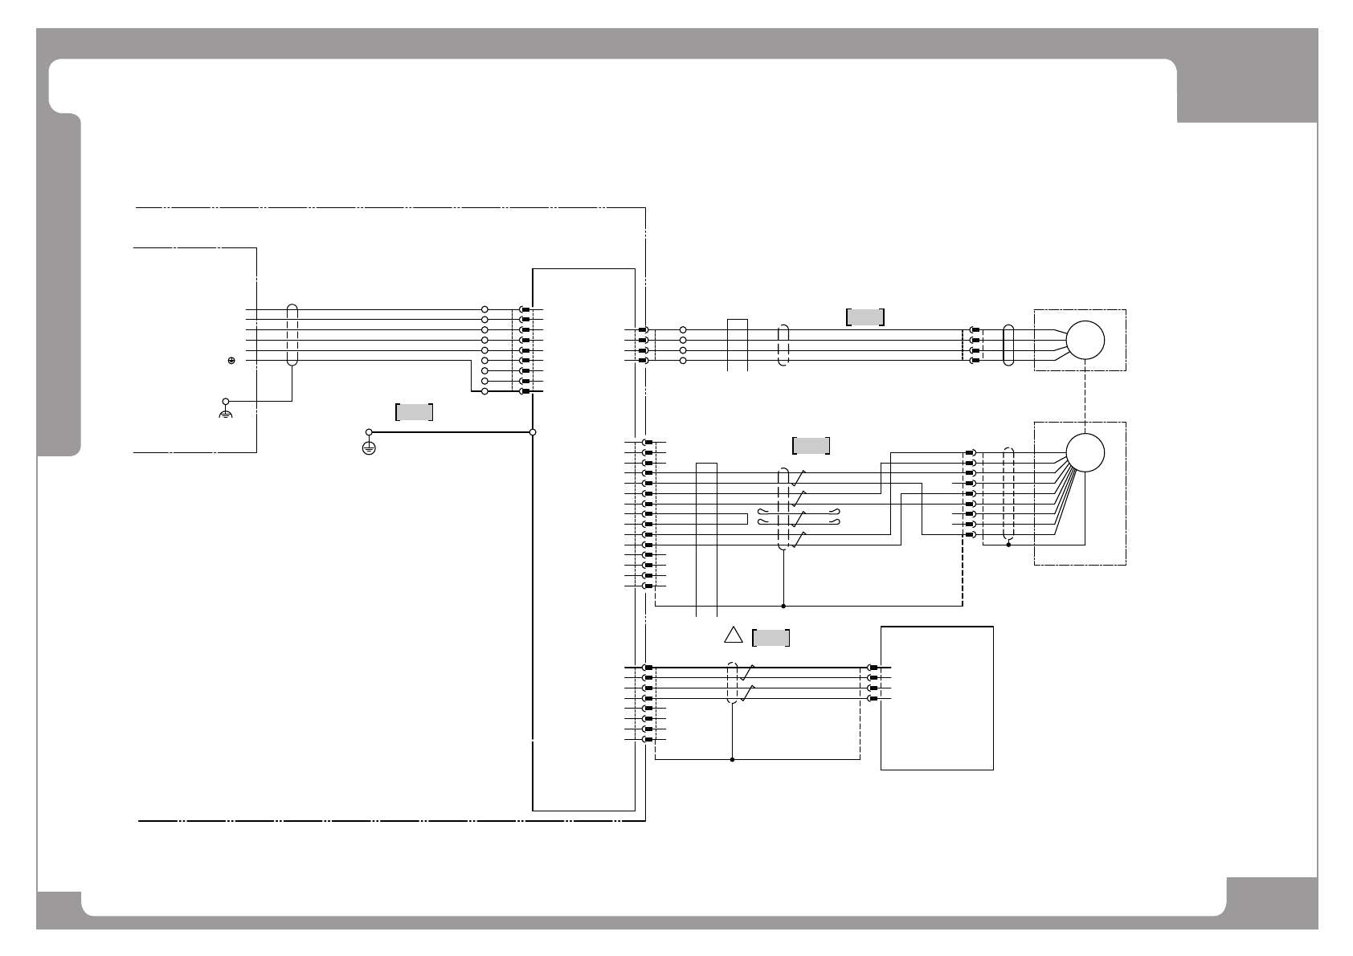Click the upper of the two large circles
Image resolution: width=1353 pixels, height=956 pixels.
(x=1085, y=340)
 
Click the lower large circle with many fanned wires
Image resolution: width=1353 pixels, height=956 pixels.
(x=1085, y=452)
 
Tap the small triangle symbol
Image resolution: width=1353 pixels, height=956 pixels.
(x=733, y=635)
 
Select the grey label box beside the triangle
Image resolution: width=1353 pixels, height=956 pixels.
(x=771, y=638)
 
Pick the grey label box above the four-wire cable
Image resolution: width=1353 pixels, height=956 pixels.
(x=865, y=317)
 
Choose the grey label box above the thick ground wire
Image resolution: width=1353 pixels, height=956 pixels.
(x=415, y=412)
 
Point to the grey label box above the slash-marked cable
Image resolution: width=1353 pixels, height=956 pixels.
(x=811, y=446)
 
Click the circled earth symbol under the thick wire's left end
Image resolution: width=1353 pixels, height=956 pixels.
(x=369, y=448)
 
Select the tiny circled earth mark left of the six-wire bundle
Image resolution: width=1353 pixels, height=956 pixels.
(x=231, y=361)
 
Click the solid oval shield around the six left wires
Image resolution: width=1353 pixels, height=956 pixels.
(x=292, y=336)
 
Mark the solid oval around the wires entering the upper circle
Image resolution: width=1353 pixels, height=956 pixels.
(x=1009, y=345)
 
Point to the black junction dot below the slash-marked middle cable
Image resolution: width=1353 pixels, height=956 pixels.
(x=783, y=606)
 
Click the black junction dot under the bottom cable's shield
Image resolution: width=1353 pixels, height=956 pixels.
(x=732, y=759)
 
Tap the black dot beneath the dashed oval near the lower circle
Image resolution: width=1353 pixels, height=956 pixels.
(x=1008, y=545)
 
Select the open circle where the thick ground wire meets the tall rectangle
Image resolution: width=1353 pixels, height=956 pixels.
(x=533, y=432)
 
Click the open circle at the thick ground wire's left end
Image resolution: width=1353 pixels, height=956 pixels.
(x=370, y=432)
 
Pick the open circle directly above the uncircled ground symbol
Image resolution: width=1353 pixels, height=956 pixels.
(x=226, y=400)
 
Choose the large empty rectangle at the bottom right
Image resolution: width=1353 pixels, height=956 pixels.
(x=937, y=697)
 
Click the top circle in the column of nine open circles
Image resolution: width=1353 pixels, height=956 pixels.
(x=484, y=309)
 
